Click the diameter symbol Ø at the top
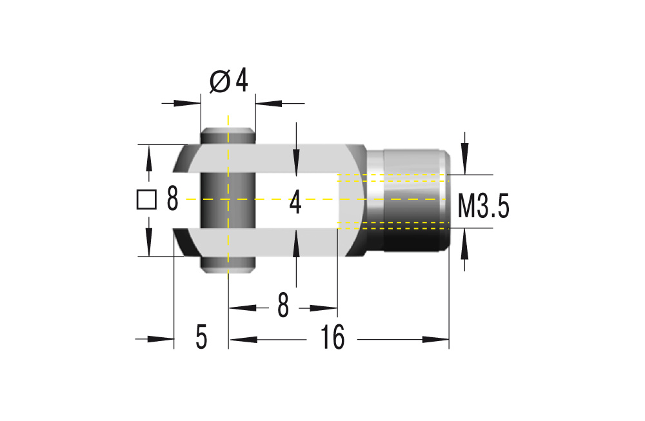point(220,82)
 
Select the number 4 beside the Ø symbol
point(241,81)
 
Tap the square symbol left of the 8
point(147,200)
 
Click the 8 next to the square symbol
point(172,200)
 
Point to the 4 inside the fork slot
point(295,202)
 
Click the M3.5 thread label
point(483,207)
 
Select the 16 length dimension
point(333,338)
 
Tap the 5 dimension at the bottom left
point(201,338)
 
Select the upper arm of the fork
point(271,159)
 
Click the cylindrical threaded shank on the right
point(413,200)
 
